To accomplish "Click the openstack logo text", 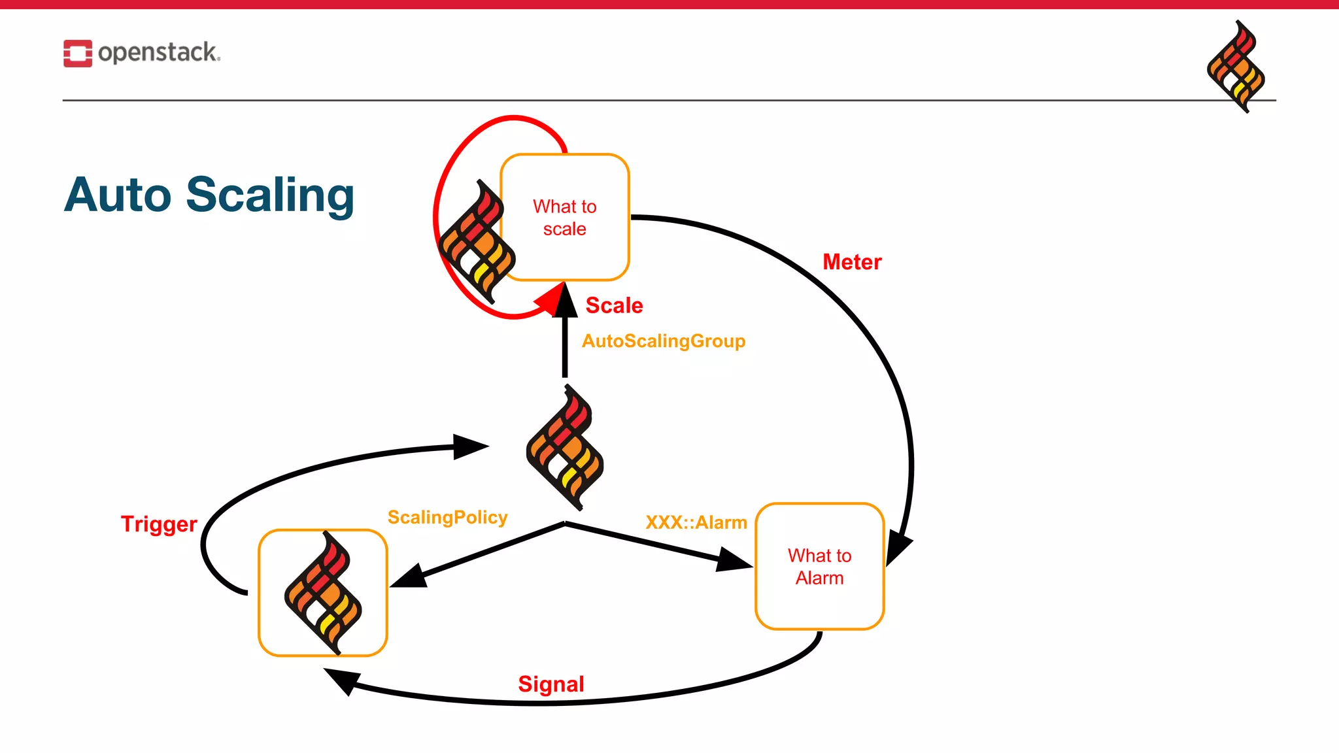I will (x=158, y=52).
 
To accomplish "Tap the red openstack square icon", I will (x=77, y=53).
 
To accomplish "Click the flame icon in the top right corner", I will (x=1235, y=66).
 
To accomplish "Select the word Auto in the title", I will (x=118, y=195).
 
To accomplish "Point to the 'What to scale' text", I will (x=564, y=218).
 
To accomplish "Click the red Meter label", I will (x=851, y=262).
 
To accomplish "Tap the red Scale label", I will (x=613, y=305).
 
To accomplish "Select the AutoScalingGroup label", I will (x=663, y=341).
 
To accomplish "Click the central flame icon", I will (x=565, y=447).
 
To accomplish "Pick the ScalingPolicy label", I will (x=447, y=517).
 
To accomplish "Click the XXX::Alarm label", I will (x=696, y=522).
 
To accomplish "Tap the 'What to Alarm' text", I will (x=819, y=567).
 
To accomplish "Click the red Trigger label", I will (x=159, y=524).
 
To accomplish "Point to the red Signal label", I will (x=551, y=684).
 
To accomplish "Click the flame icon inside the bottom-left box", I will (x=323, y=593).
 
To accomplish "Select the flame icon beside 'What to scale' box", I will (x=477, y=242).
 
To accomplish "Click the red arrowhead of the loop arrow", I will (x=550, y=302).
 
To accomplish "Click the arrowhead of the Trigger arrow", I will (x=471, y=446).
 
